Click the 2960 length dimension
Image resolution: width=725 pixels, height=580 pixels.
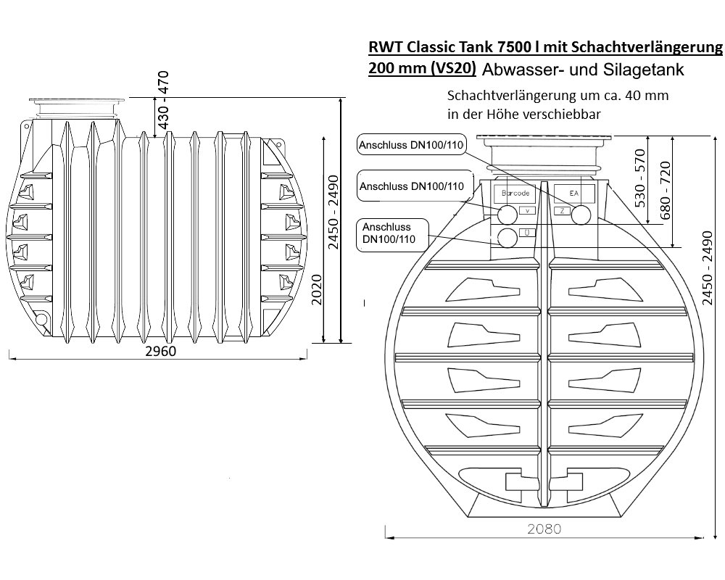point(161,352)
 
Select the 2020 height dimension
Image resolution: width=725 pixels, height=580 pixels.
point(317,290)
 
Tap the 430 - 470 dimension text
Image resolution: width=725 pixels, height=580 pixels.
point(164,100)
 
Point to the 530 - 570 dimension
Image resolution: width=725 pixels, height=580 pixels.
point(640,178)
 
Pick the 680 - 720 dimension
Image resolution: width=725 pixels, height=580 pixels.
point(665,191)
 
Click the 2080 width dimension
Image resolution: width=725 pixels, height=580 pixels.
point(544,529)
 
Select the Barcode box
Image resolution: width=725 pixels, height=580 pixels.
point(515,194)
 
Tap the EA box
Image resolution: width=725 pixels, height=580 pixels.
point(573,194)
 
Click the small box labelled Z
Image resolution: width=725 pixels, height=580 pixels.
point(562,211)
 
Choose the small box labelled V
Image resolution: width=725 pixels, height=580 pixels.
point(527,211)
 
